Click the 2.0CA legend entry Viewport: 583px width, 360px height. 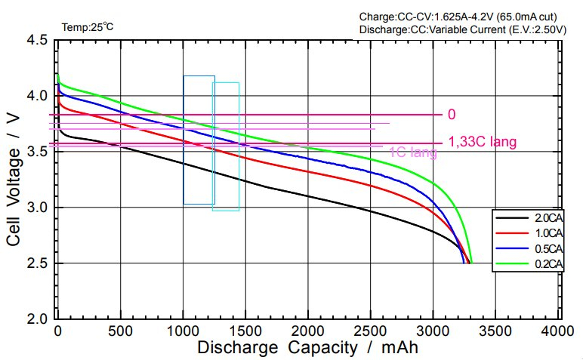(543, 217)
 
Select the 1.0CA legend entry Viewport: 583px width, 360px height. (543, 232)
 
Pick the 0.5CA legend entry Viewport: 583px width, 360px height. (543, 248)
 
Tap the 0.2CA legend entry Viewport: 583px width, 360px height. (543, 263)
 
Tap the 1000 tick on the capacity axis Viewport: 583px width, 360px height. (183, 331)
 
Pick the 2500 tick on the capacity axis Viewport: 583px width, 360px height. (371, 331)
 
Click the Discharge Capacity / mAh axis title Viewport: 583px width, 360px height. (307, 348)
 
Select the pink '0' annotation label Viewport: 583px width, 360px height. (452, 115)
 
